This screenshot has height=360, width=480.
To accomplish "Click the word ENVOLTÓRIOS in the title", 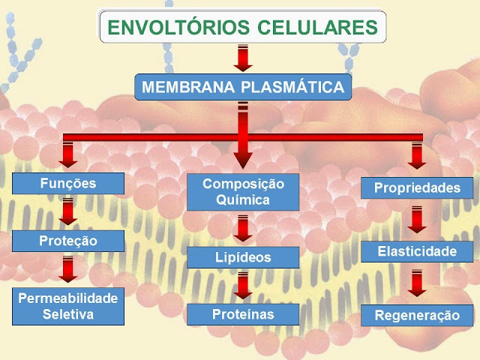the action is coord(178,27).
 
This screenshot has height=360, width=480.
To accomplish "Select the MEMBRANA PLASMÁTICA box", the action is coord(243,87).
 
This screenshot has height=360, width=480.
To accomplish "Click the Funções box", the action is coord(68,183).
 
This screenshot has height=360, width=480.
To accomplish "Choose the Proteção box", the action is coord(68,241).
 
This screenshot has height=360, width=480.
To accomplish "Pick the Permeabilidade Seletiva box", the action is coord(68,306).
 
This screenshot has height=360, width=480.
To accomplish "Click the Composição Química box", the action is coord(243,192).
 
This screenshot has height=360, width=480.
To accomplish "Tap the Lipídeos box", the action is coord(243,257).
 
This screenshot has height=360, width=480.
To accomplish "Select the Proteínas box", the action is coord(243,314).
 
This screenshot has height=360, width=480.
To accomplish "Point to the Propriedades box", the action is coord(417,188).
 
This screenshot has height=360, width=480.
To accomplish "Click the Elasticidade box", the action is coord(417,252).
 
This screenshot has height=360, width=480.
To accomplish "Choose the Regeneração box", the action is coord(417,315).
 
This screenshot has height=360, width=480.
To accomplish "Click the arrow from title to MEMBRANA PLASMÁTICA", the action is coord(243,58).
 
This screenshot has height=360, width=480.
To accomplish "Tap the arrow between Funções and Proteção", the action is coord(68,211).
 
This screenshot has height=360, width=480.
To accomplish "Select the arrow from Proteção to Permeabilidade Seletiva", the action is coord(68,269).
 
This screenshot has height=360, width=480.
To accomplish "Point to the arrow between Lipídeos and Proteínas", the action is coord(243,286).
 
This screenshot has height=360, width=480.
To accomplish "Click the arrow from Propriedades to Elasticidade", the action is coord(417,220).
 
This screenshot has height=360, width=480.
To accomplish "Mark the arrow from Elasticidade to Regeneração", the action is coord(417,283).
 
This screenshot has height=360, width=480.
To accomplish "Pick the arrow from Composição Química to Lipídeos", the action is coord(243,229).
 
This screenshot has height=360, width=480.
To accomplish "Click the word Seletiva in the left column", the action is coord(68,314).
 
